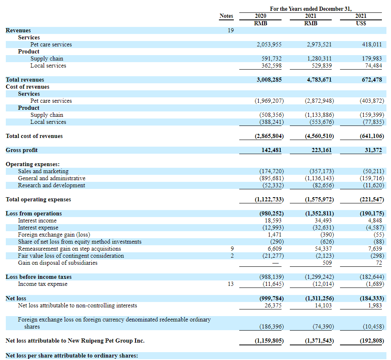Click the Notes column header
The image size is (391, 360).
(x=226, y=16)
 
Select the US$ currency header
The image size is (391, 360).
(x=361, y=23)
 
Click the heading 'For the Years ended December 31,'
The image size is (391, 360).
(x=311, y=9)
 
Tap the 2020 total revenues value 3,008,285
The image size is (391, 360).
(x=269, y=80)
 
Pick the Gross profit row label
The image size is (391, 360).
(x=22, y=150)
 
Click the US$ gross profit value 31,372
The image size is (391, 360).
(x=373, y=150)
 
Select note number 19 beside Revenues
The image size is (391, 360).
(x=231, y=30)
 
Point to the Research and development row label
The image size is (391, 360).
(x=51, y=185)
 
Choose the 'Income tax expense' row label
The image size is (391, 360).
(x=42, y=284)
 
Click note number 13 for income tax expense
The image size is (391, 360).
(x=231, y=284)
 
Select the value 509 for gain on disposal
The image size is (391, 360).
(x=327, y=263)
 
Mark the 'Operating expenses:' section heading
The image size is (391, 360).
(x=33, y=164)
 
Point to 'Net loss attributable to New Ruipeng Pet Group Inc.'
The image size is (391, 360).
(x=75, y=341)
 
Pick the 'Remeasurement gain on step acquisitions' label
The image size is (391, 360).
(x=69, y=249)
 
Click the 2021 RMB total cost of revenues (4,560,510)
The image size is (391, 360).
(x=319, y=136)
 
